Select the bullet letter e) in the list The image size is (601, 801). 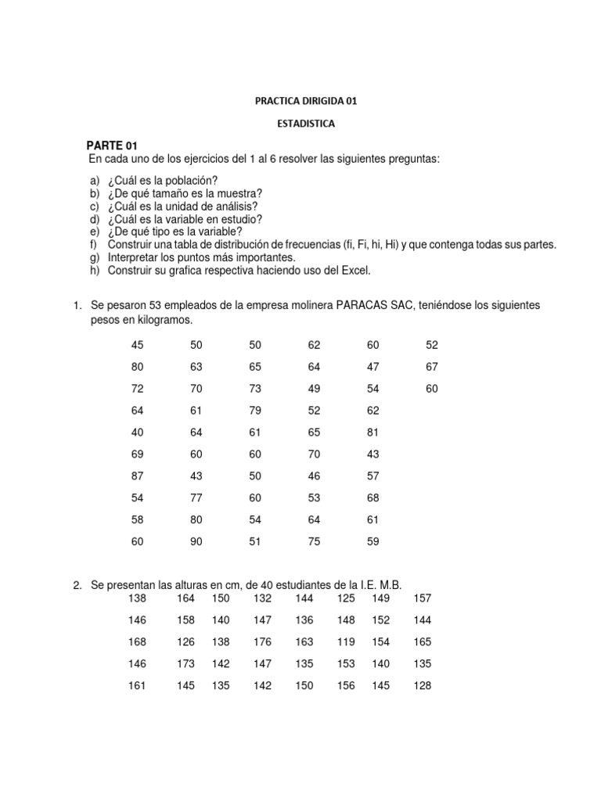[95, 232]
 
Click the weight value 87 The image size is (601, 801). [137, 475]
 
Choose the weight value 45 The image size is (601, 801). [137, 345]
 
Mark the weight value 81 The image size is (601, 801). [372, 431]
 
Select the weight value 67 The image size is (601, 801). [432, 367]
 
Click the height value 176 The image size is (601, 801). [262, 642]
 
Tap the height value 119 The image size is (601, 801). [345, 642]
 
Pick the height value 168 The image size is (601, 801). [137, 642]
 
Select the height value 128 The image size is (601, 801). [422, 686]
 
